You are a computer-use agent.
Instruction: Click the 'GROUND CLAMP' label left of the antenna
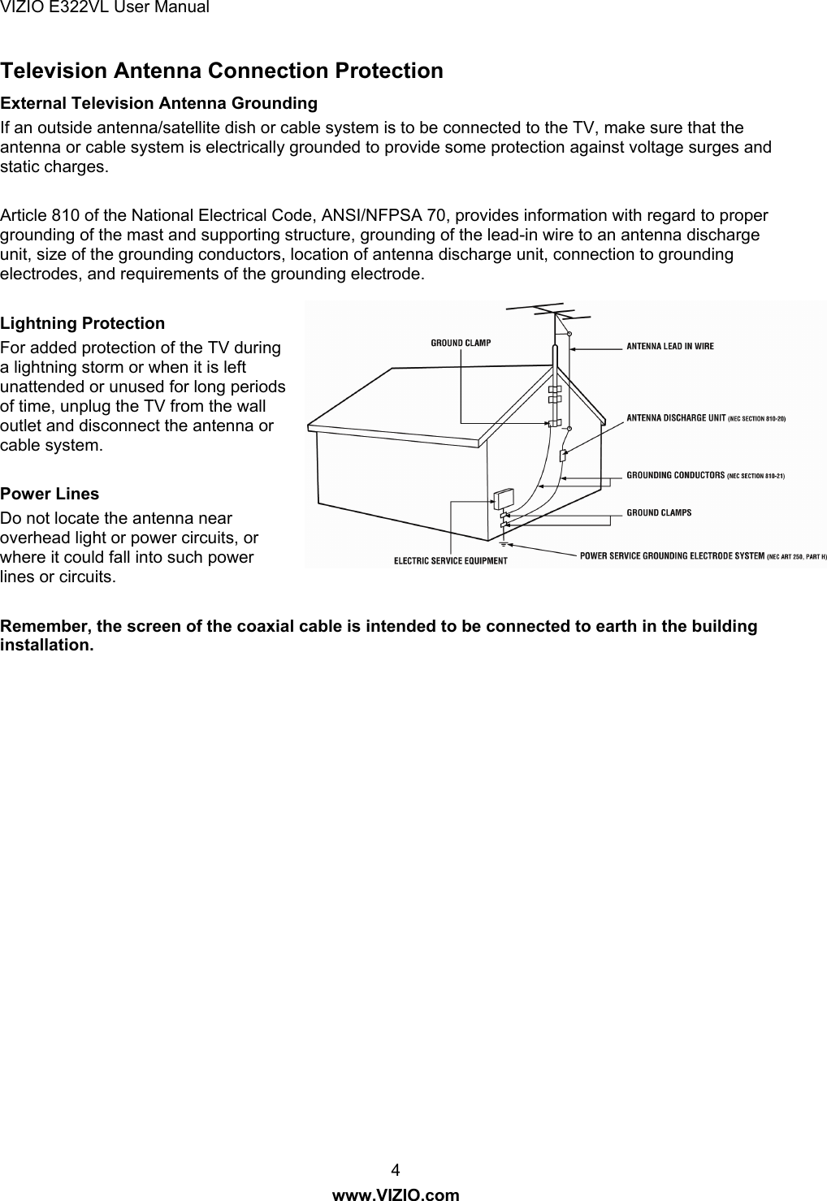coord(460,343)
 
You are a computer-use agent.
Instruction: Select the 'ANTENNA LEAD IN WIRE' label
coord(669,347)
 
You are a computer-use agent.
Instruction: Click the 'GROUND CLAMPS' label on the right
coord(659,512)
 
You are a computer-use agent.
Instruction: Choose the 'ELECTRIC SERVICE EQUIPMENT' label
coord(450,560)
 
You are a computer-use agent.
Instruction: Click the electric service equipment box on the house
coord(503,498)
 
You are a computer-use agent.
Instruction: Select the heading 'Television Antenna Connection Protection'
coord(222,71)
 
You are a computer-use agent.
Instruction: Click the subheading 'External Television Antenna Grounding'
coord(159,104)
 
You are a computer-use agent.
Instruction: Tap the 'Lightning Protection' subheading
coord(83,324)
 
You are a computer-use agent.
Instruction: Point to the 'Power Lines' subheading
coord(50,495)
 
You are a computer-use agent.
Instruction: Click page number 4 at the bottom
coord(396,1170)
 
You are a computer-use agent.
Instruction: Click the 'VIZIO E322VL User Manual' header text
coord(106,8)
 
